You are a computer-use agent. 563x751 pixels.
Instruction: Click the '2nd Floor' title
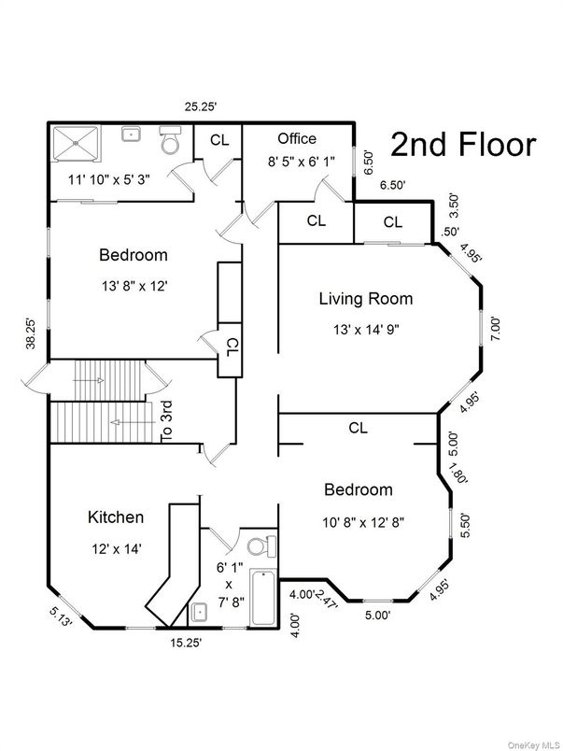click(x=463, y=145)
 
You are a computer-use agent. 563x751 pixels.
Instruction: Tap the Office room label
click(x=297, y=138)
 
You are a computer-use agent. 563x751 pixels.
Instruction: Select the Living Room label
click(x=365, y=300)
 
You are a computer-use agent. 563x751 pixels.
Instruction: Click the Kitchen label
click(x=116, y=517)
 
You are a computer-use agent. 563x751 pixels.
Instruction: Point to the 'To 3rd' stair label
click(x=166, y=420)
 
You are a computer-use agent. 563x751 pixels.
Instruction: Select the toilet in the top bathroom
click(x=170, y=142)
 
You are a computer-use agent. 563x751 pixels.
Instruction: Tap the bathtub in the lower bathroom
click(x=264, y=598)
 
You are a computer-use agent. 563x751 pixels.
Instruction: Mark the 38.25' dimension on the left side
click(x=33, y=333)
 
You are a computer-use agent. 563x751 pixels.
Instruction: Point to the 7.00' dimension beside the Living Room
click(x=496, y=328)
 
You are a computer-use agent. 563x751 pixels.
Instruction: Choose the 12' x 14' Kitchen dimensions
click(x=116, y=549)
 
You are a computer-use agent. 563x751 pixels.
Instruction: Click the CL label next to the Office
click(x=218, y=140)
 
